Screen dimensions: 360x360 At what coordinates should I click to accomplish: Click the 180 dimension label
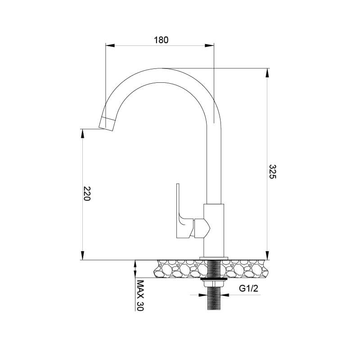pos(161,40)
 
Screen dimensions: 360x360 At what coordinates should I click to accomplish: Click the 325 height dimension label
pos(273,171)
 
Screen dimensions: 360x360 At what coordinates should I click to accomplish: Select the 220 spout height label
pos(87,193)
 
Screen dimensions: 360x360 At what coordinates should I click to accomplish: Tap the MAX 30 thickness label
pos(140,295)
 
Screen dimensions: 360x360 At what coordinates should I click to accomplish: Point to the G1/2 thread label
pos(248,288)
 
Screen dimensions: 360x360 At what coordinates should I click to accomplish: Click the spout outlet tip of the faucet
pos(107,123)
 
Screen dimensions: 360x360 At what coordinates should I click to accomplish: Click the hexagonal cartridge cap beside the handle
pos(202,228)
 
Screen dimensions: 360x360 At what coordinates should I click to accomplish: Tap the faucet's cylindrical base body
pos(214,230)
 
